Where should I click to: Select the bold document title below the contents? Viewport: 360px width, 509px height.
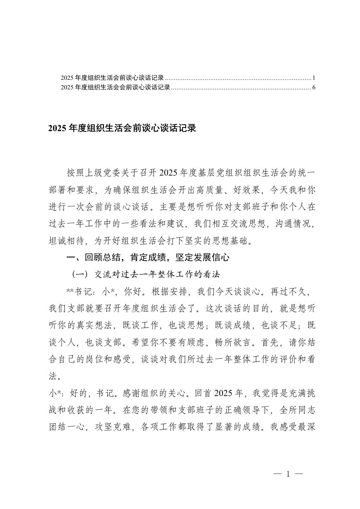pyautogui.click(x=122, y=128)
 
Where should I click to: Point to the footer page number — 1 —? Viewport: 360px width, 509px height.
pyautogui.click(x=288, y=474)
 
